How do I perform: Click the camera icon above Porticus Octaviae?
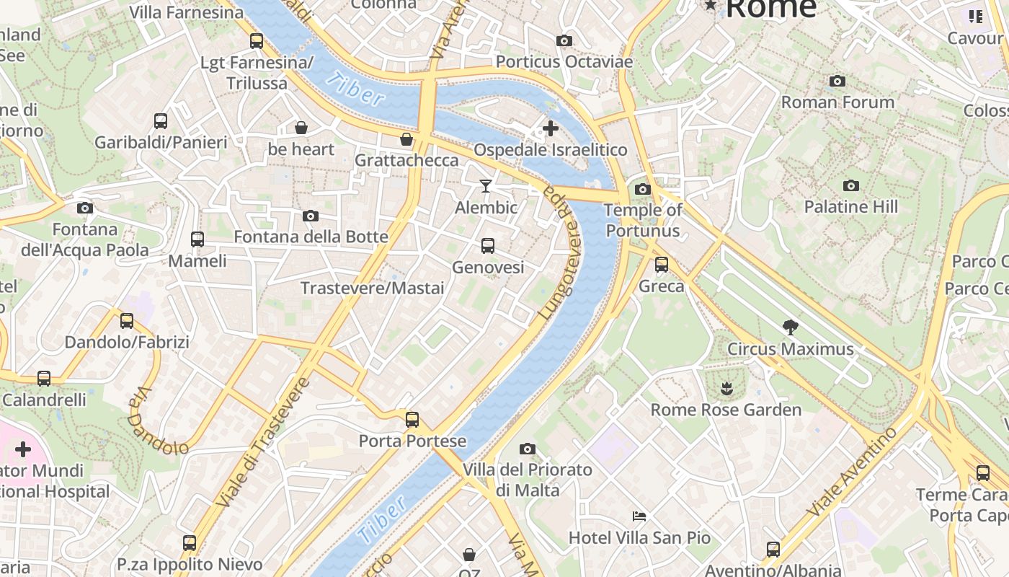click(x=564, y=41)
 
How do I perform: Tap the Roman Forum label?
click(x=837, y=102)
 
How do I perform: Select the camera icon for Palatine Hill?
click(x=850, y=186)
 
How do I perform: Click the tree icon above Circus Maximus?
click(x=790, y=327)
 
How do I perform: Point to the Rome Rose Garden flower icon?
click(x=726, y=389)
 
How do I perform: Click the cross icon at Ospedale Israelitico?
click(x=551, y=129)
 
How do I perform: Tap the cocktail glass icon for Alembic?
click(x=486, y=186)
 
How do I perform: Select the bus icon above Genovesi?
click(x=488, y=246)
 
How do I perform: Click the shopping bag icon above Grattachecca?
click(x=406, y=139)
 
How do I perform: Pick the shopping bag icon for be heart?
click(x=301, y=128)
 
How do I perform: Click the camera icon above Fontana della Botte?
click(x=311, y=216)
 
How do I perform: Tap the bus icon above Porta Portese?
click(x=412, y=420)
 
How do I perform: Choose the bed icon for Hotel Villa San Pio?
click(x=639, y=516)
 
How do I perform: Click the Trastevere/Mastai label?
click(x=372, y=288)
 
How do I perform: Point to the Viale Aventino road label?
click(x=852, y=472)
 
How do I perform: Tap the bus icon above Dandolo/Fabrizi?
click(x=127, y=321)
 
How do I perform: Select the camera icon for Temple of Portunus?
click(x=642, y=190)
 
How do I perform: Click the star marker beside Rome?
click(x=711, y=6)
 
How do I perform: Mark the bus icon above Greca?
click(x=662, y=265)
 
